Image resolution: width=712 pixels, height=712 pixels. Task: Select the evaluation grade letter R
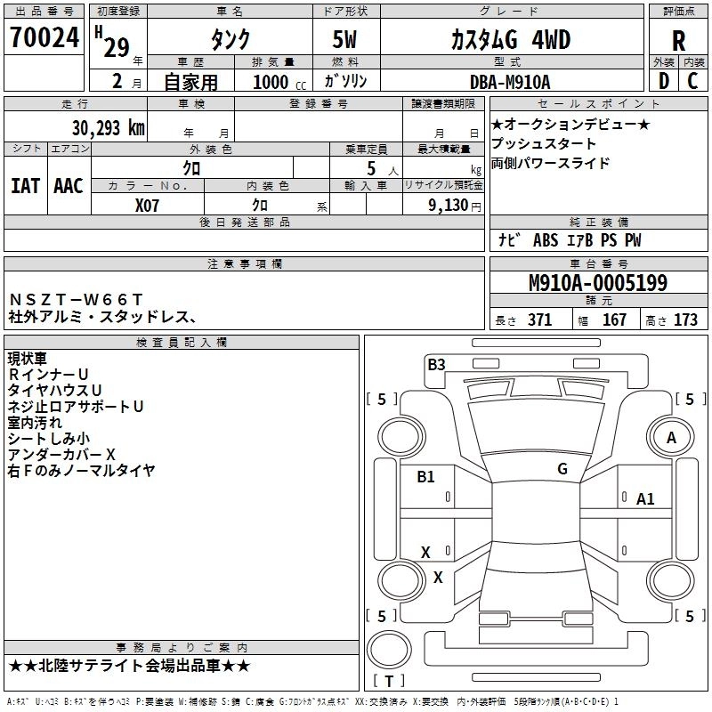(x=678, y=40)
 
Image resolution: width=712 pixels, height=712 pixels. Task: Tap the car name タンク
(x=229, y=40)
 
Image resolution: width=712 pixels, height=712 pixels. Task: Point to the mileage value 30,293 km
(x=108, y=128)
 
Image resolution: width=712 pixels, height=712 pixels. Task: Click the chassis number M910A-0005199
(x=598, y=283)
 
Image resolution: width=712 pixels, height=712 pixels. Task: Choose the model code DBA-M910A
(x=510, y=82)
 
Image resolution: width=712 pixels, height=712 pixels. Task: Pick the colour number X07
(x=148, y=204)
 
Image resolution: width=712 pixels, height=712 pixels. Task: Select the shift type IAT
(x=25, y=186)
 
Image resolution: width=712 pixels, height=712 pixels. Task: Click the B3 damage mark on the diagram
(x=436, y=363)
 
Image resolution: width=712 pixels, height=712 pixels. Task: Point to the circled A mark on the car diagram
(x=671, y=438)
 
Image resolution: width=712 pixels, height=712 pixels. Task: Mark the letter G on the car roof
(x=562, y=469)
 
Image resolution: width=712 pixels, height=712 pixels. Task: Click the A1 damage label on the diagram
(x=645, y=499)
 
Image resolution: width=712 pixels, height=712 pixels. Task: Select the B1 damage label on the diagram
(x=425, y=477)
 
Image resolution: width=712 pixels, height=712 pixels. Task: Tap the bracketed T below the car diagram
(x=388, y=682)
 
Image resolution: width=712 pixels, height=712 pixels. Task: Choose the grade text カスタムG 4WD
(x=510, y=40)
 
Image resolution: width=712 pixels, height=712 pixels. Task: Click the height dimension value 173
(x=685, y=320)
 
